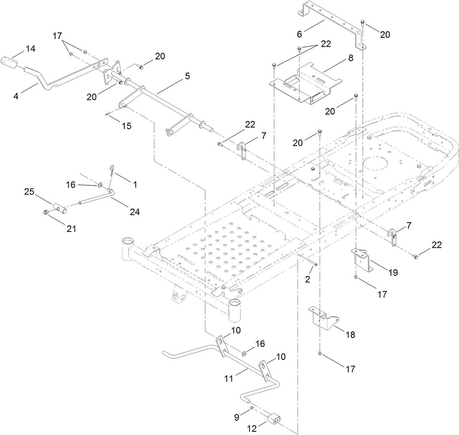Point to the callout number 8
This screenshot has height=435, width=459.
(350, 58)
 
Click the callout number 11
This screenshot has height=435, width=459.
(229, 378)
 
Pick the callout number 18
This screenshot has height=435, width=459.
(350, 335)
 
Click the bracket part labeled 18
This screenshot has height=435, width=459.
(323, 317)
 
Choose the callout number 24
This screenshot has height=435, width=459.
(135, 211)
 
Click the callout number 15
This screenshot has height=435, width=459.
(126, 126)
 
